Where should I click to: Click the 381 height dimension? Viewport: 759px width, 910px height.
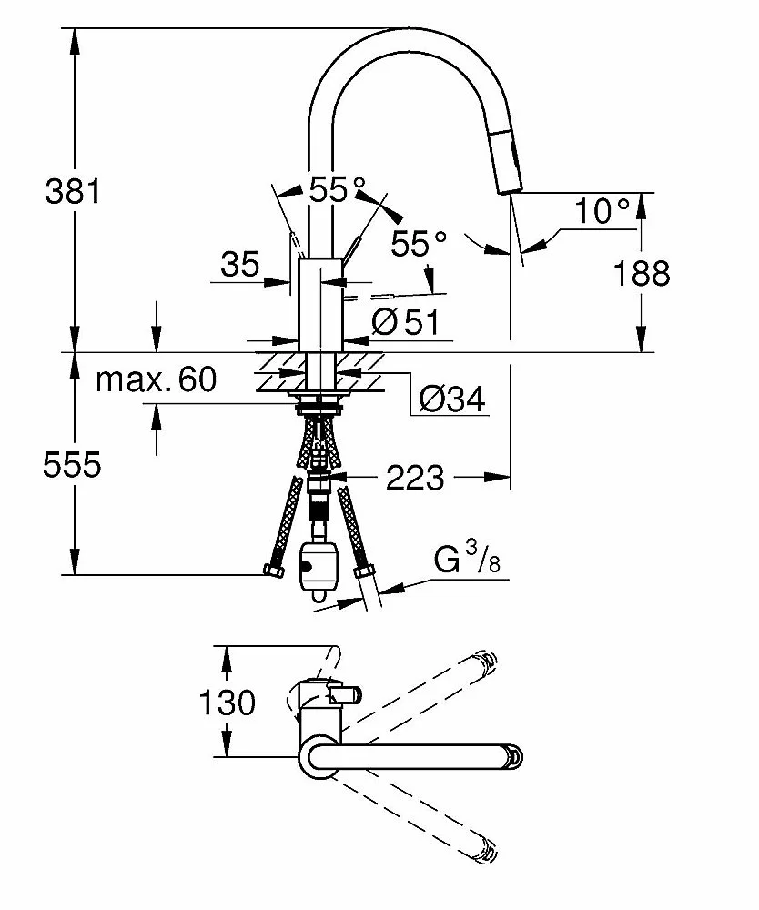tap(73, 190)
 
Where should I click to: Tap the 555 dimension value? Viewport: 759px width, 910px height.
tap(72, 464)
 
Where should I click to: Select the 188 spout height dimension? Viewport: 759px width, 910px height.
tap(642, 273)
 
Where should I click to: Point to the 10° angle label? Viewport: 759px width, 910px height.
tap(602, 211)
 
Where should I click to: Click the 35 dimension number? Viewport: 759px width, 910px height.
tap(239, 265)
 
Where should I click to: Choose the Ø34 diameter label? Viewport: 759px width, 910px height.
tap(452, 399)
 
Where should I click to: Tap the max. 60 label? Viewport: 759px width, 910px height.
tap(156, 379)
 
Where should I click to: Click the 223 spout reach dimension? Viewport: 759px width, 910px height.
tap(415, 478)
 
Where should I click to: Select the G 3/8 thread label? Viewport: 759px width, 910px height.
tap(467, 558)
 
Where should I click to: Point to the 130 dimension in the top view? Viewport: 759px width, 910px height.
tap(227, 702)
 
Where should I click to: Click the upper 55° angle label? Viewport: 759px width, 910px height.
tap(338, 189)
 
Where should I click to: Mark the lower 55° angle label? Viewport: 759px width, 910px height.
tap(419, 243)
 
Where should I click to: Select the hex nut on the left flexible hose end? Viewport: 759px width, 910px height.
tap(273, 571)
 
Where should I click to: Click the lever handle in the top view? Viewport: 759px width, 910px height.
tap(345, 693)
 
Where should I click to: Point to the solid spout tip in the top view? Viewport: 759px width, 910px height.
tap(514, 755)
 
